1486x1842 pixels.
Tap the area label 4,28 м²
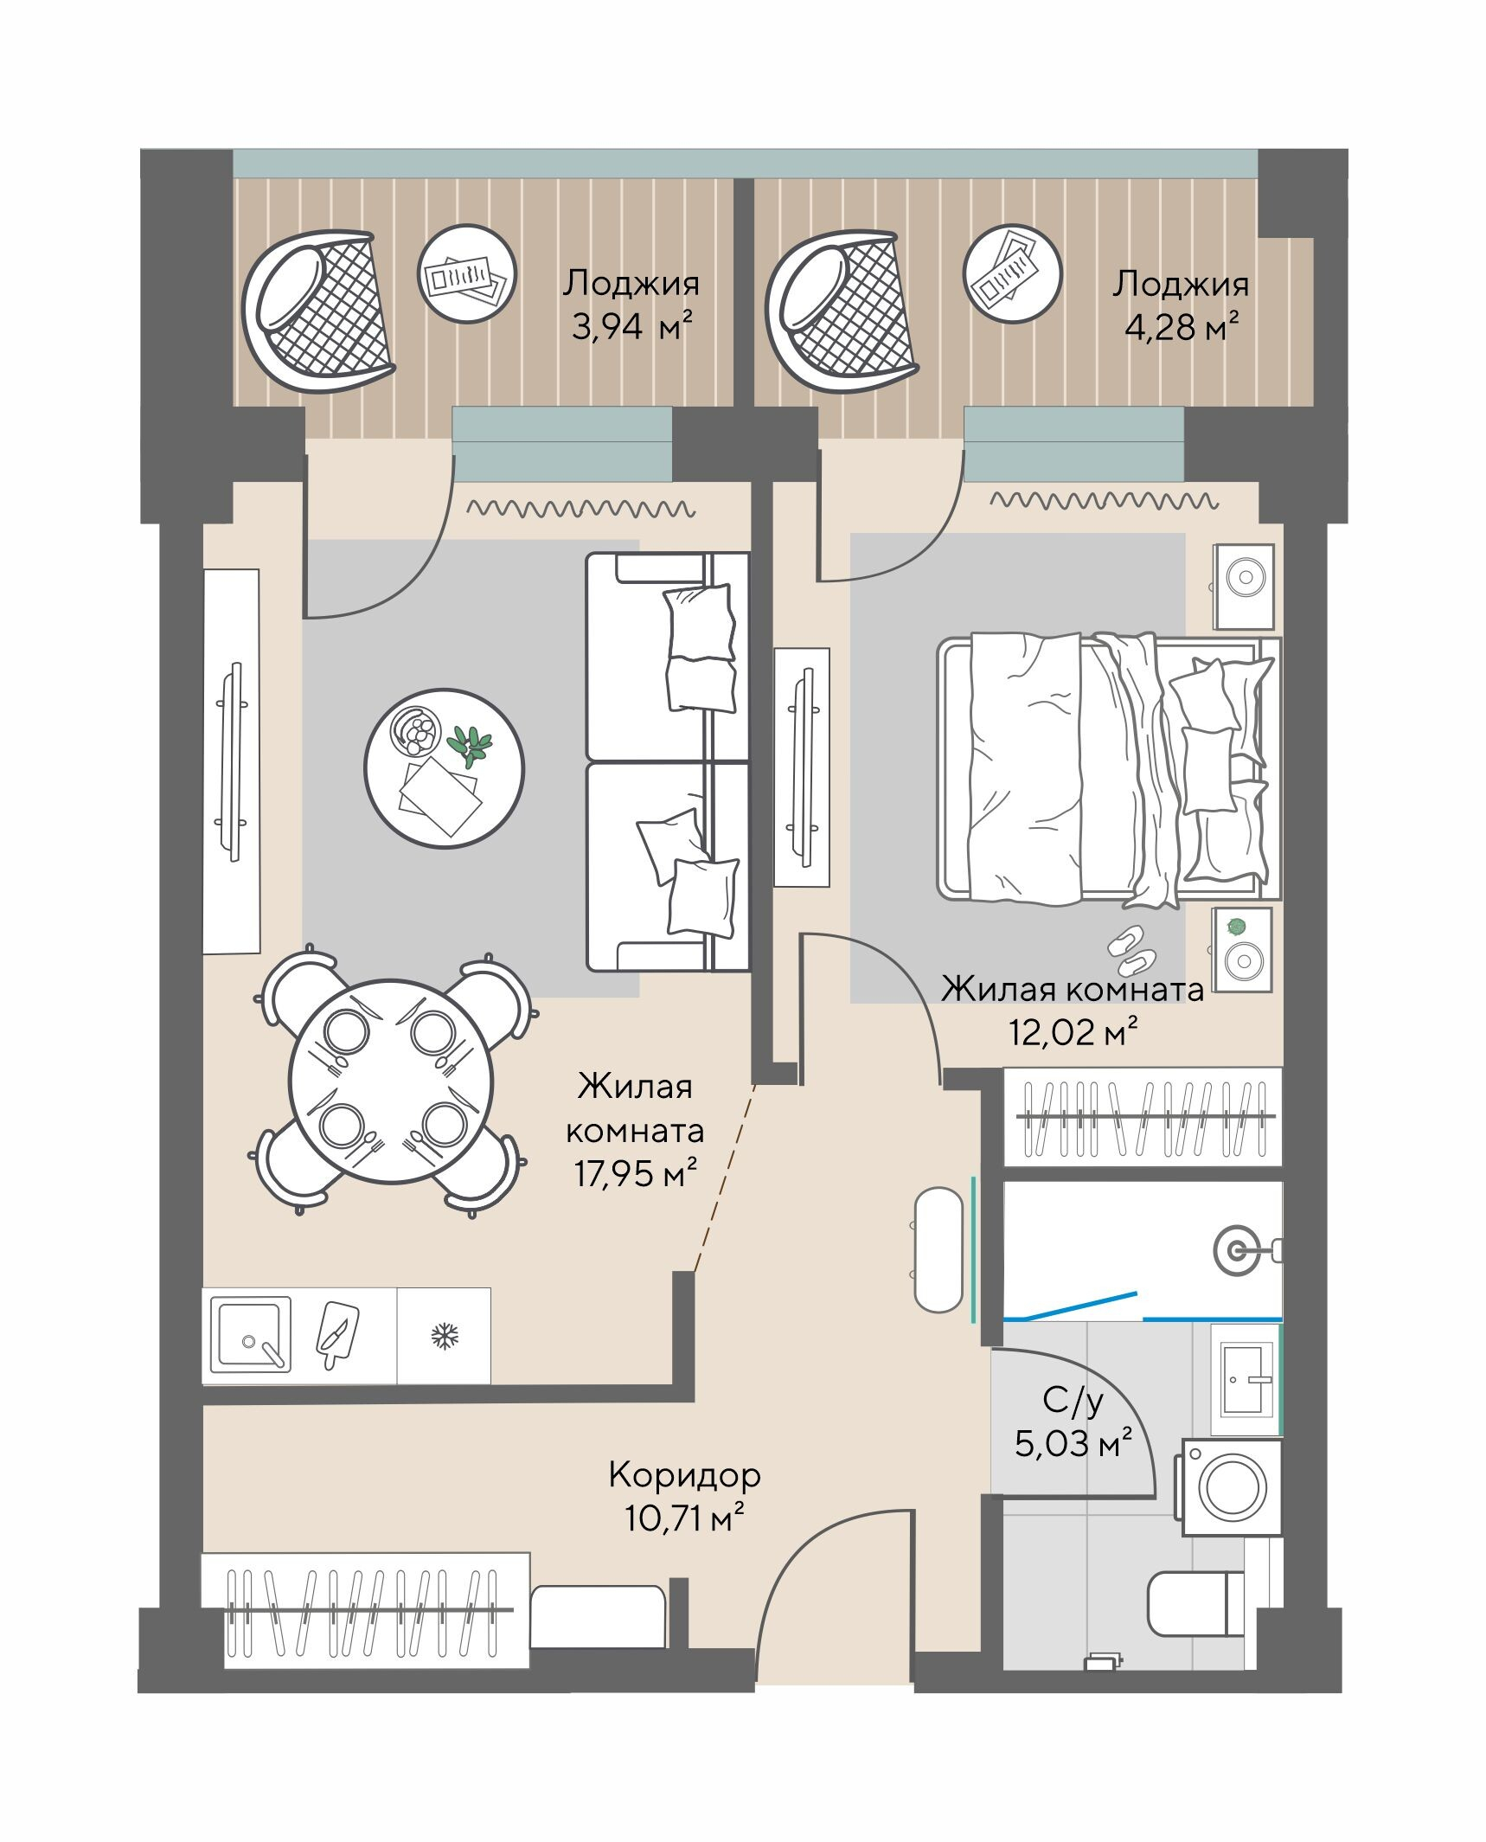click(x=1182, y=328)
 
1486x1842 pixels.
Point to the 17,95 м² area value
click(x=636, y=1175)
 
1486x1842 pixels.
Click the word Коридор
click(x=684, y=1474)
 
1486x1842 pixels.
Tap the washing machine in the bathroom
click(x=1230, y=1487)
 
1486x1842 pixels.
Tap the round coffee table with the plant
click(x=444, y=768)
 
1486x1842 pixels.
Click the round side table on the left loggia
click(x=467, y=274)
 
